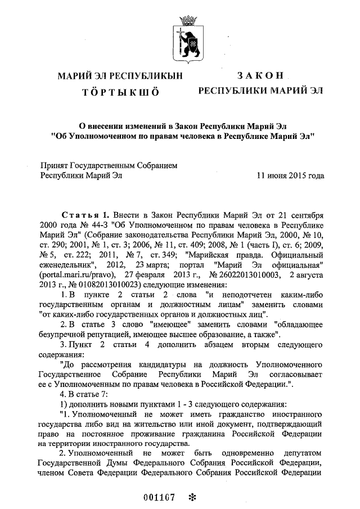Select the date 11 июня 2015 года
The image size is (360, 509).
(290, 175)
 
